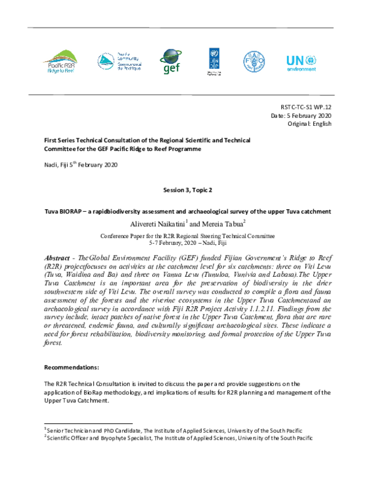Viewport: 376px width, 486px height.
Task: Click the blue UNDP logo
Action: tap(214, 61)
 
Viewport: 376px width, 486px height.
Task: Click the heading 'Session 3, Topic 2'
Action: tap(187, 188)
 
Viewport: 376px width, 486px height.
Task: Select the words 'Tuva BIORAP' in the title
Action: tap(64, 211)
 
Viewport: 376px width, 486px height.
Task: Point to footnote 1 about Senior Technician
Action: tap(174, 430)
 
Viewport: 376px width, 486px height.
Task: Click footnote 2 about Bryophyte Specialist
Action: tap(179, 438)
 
